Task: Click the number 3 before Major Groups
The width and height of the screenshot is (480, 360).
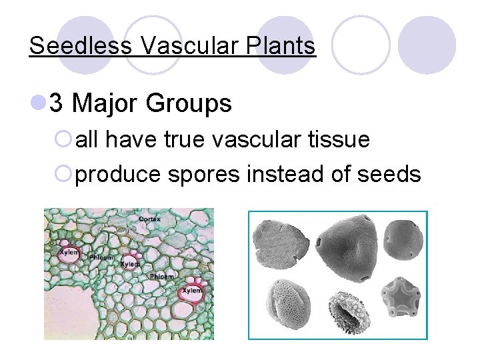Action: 57,103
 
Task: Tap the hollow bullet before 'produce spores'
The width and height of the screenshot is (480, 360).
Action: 65,175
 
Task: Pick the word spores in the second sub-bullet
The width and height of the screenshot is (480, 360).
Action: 205,175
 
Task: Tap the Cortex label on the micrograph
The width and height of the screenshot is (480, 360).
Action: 149,219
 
